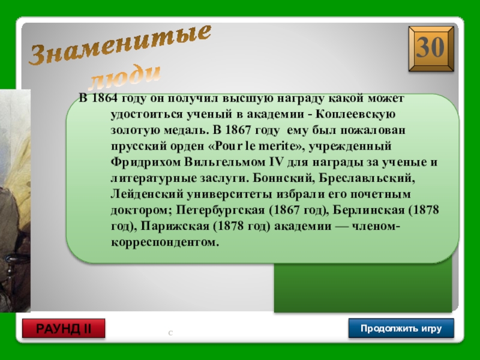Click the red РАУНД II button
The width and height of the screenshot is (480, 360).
[x=64, y=328]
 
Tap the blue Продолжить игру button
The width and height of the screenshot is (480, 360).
[x=401, y=328]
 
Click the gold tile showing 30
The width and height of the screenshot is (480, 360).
[x=431, y=49]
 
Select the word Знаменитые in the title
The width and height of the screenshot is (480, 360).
[x=120, y=44]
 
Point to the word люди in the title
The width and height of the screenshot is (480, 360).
[x=125, y=77]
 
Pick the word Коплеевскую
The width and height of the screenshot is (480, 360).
[x=355, y=114]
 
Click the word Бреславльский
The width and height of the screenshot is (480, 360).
[x=367, y=178]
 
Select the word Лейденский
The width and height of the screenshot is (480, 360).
[x=147, y=194]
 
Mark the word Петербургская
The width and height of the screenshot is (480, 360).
[x=220, y=210]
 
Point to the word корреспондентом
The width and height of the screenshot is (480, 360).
[x=165, y=242]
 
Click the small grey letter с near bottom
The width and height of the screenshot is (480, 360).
[x=170, y=333]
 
